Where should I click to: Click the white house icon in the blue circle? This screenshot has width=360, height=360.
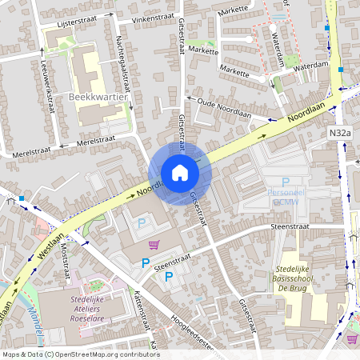click(x=180, y=173)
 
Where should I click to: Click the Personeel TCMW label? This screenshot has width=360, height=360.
click(x=285, y=198)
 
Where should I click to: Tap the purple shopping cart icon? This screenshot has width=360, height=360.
click(x=154, y=244)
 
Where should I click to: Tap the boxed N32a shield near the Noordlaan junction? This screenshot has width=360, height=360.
click(x=340, y=133)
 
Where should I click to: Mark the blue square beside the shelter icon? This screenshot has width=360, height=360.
click(x=22, y=198)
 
